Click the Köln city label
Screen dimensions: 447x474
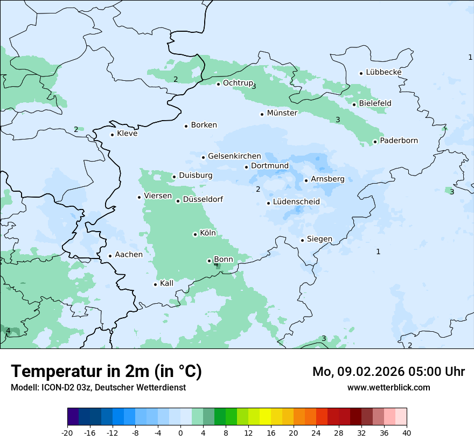coord(208,233)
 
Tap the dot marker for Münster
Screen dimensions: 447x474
coord(262,114)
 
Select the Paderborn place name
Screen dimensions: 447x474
coord(399,141)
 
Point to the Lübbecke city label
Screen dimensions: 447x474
coord(384,72)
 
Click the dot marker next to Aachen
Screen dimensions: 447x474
coord(110,256)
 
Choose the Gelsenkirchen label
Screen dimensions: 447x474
coord(234,156)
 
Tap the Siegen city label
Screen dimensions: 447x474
coord(319,239)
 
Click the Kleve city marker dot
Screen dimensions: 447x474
coord(112,135)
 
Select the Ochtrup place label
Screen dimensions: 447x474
coord(238,83)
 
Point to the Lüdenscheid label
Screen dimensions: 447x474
coord(296,202)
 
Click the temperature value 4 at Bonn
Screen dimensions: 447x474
coord(216,264)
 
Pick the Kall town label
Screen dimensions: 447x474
coord(167,283)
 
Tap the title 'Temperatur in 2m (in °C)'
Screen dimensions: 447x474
coord(106,372)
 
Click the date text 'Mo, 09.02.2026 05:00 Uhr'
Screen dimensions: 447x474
coord(388,372)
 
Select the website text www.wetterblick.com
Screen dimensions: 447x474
coord(388,387)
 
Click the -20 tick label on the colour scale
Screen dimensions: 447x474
coord(67,433)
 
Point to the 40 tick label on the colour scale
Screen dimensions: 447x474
coord(407,433)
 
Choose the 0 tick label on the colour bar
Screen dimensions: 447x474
coord(180,433)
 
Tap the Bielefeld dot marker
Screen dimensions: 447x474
coord(354,104)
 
